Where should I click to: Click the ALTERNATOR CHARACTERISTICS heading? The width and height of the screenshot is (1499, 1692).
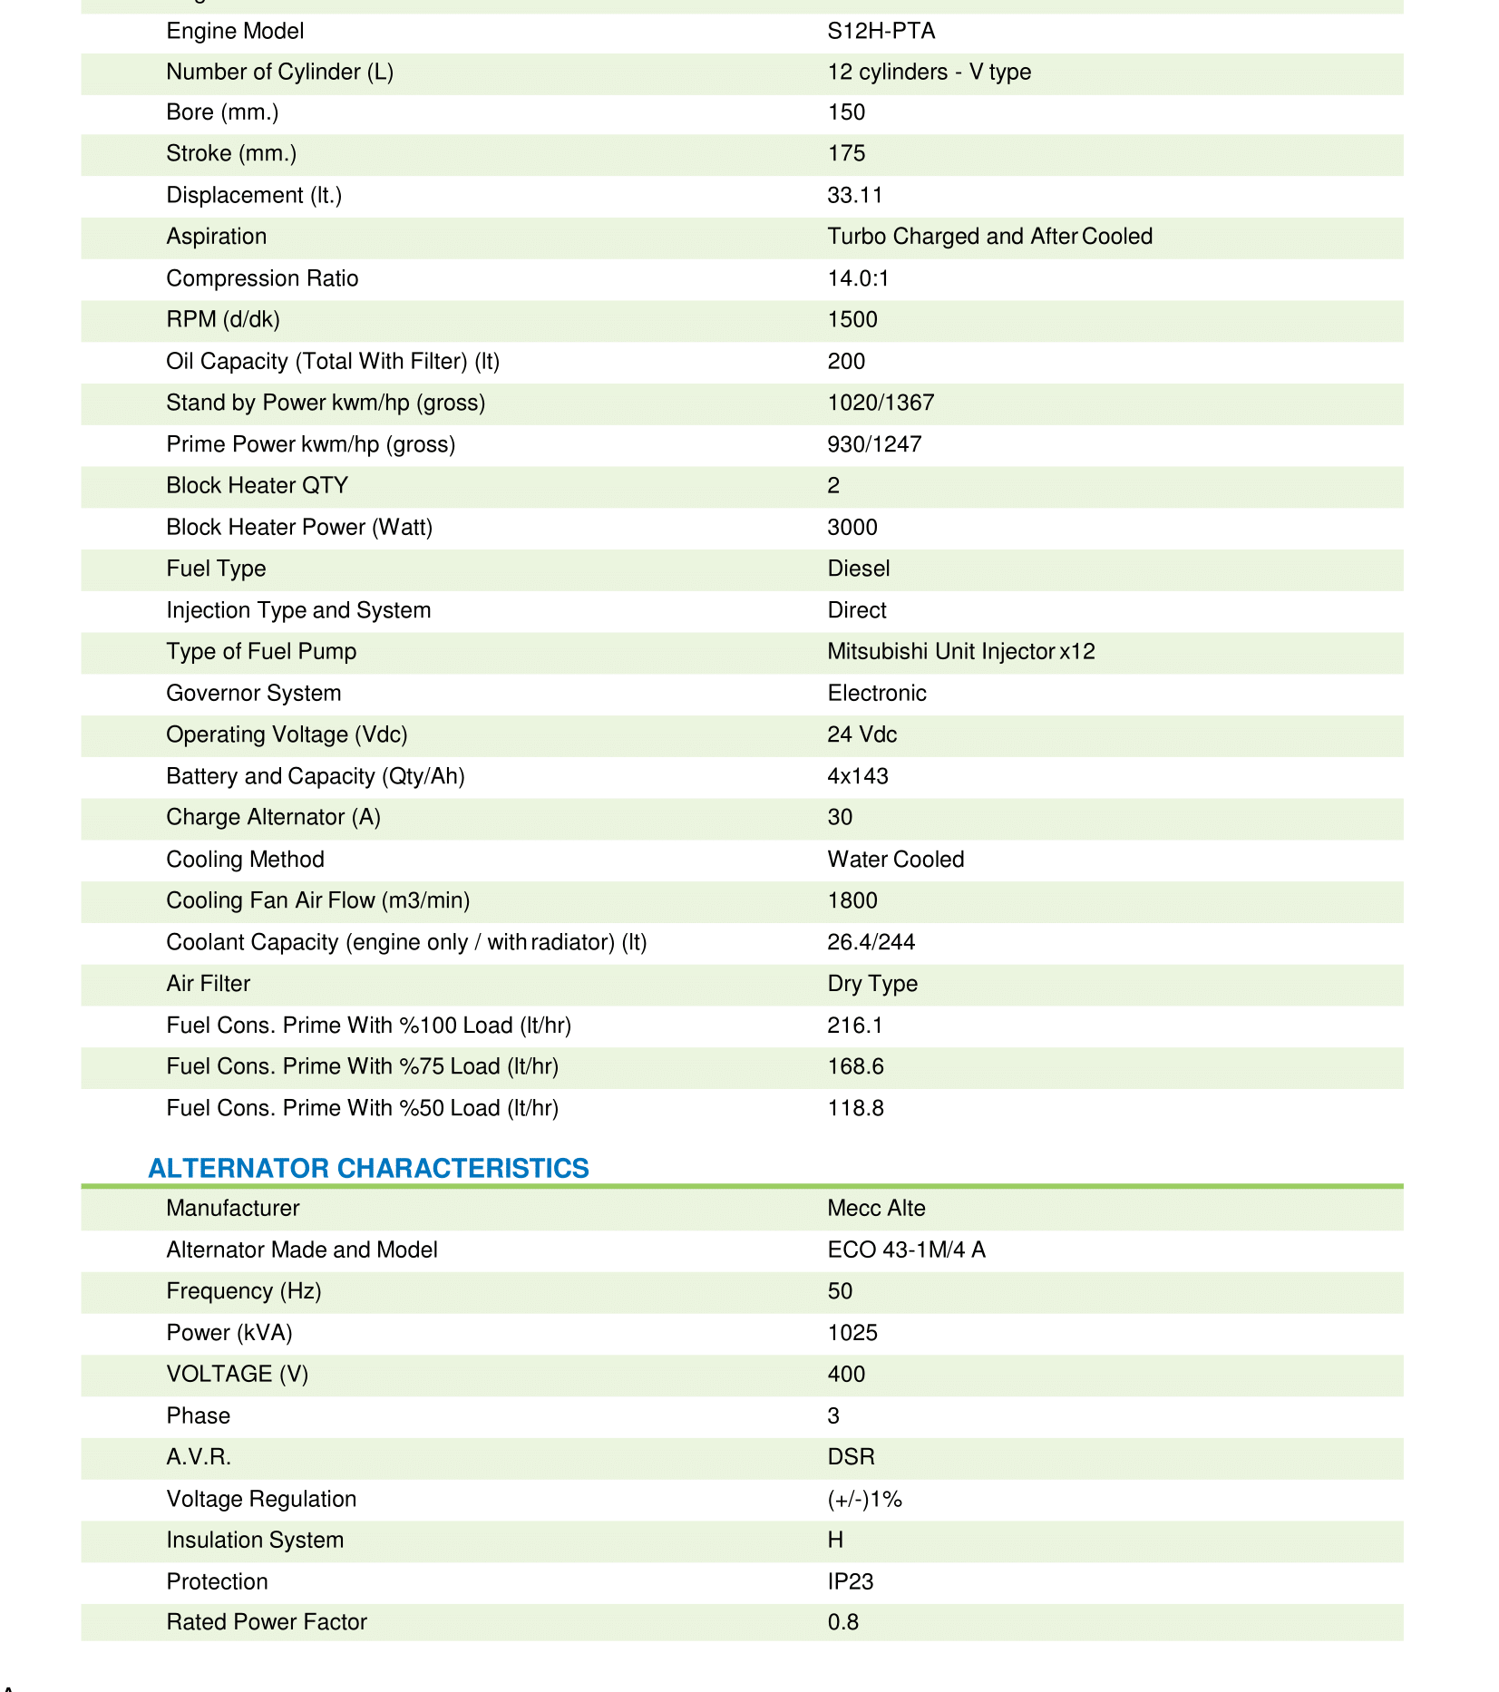pos(368,1168)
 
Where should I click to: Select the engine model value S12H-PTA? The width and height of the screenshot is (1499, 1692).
pos(881,31)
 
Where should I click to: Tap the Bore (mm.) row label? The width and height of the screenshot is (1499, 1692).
pos(222,112)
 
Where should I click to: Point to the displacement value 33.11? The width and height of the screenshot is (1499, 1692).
pos(854,195)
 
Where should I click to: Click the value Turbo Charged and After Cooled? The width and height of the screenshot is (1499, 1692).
pos(989,237)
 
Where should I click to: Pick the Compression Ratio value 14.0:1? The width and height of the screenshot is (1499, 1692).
pos(858,278)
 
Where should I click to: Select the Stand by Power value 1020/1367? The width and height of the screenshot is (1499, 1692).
pos(880,403)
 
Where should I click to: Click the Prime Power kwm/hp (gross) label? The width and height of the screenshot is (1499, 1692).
pos(310,444)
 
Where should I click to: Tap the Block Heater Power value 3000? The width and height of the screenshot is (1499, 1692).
pos(852,527)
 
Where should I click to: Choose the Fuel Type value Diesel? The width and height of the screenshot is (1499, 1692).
pos(858,569)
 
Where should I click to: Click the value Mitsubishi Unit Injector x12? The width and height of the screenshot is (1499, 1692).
pos(960,652)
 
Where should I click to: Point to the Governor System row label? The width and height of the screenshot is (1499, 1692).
pos(254,694)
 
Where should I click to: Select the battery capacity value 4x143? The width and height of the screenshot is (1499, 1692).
pos(857,776)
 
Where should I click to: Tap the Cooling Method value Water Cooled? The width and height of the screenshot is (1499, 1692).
pos(895,860)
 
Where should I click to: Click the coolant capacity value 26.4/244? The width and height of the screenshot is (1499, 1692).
pos(871,942)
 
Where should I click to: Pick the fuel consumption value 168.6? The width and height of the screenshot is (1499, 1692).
pos(855,1066)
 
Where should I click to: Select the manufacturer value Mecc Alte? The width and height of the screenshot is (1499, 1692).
pos(876,1209)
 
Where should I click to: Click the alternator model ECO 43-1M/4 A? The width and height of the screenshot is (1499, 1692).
pos(906,1250)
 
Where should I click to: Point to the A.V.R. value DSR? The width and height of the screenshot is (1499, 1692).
pos(851,1457)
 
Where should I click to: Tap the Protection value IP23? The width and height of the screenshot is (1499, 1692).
pos(850,1582)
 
